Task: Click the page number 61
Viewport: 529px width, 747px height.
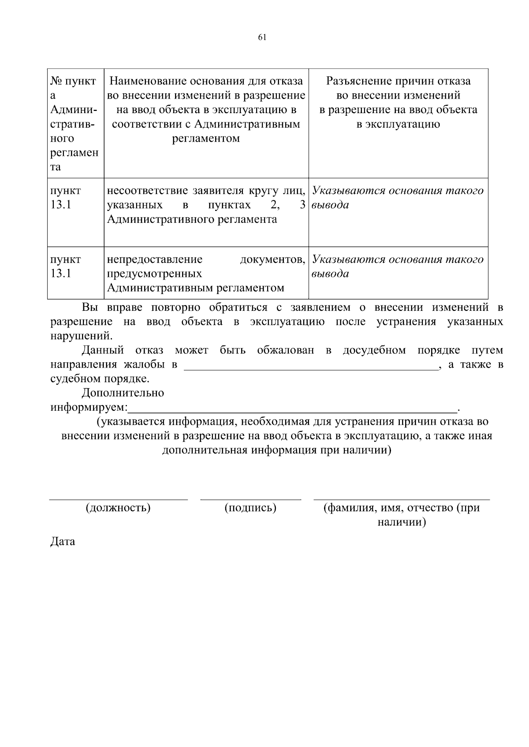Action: tap(262, 37)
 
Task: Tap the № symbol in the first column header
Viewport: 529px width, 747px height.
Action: tap(56, 81)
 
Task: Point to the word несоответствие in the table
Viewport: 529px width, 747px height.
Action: tap(148, 191)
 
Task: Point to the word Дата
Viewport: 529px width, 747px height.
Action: tap(63, 541)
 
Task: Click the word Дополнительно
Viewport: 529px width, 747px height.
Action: tap(123, 393)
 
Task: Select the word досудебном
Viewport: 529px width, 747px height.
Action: tap(374, 350)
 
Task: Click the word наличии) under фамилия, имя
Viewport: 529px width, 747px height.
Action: tap(402, 523)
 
